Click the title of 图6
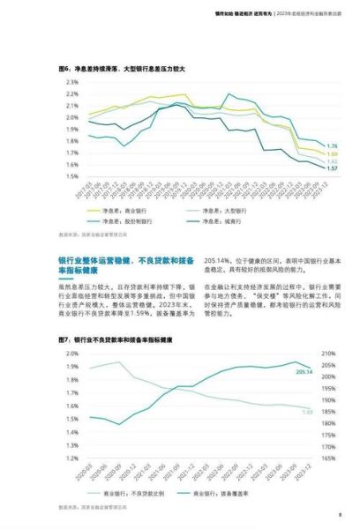click(116, 67)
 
